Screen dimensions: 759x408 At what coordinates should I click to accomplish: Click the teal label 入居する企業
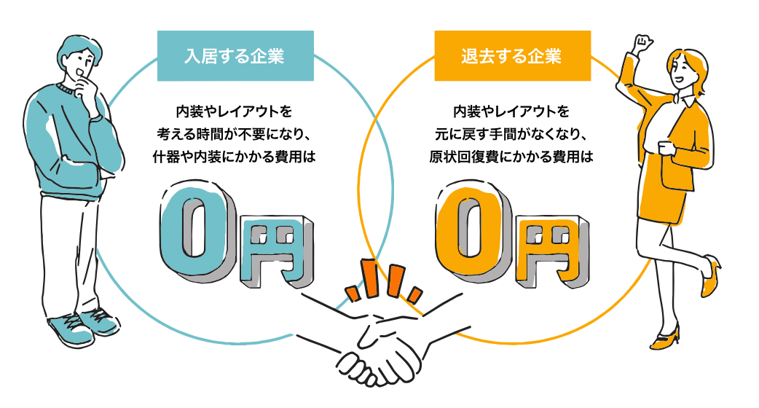235,55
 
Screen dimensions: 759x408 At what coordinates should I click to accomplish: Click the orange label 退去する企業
512,55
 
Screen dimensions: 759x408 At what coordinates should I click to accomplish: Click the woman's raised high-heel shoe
710,277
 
